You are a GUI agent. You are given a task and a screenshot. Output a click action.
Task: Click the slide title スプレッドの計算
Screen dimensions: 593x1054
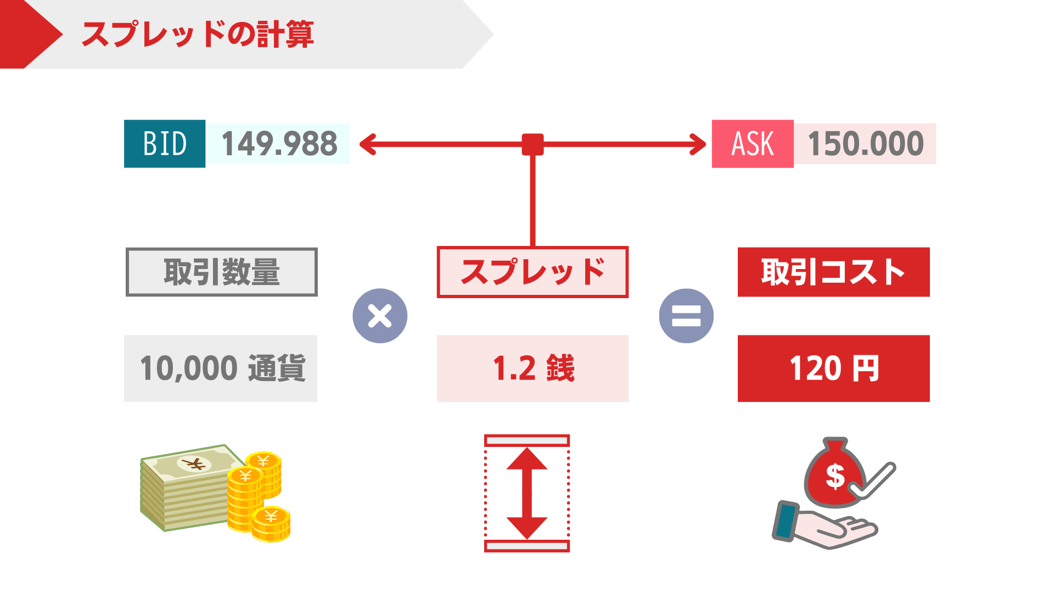click(x=198, y=34)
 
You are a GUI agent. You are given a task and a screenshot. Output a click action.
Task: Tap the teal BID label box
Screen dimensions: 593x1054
click(x=165, y=144)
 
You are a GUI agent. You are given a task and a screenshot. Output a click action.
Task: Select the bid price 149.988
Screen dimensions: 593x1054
click(x=278, y=144)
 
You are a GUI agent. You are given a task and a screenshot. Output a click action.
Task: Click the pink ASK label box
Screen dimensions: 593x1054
click(x=752, y=144)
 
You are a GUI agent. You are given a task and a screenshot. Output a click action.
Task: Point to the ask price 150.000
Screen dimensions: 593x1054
click(x=865, y=144)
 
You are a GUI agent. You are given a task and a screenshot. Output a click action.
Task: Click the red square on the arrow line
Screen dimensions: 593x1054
click(x=532, y=144)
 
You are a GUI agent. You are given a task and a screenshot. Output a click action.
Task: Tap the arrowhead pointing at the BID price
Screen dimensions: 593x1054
click(x=367, y=144)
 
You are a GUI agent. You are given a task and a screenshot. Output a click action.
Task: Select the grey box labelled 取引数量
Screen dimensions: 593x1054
click(x=221, y=272)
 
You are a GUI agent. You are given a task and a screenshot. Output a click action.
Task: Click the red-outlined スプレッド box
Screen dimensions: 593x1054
click(x=532, y=272)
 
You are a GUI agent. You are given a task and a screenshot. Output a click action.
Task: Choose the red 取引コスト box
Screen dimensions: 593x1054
click(x=833, y=272)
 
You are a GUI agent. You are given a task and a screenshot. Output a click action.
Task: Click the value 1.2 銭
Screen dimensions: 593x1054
click(x=532, y=368)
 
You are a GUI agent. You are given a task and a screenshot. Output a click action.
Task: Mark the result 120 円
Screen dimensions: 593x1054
click(x=833, y=368)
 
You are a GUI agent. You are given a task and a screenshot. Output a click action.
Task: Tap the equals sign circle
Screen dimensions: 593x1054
click(x=686, y=316)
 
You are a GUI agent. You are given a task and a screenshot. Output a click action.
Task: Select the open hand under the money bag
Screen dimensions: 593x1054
click(x=823, y=527)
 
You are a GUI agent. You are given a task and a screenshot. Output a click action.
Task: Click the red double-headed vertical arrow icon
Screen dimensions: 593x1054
click(x=527, y=493)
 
